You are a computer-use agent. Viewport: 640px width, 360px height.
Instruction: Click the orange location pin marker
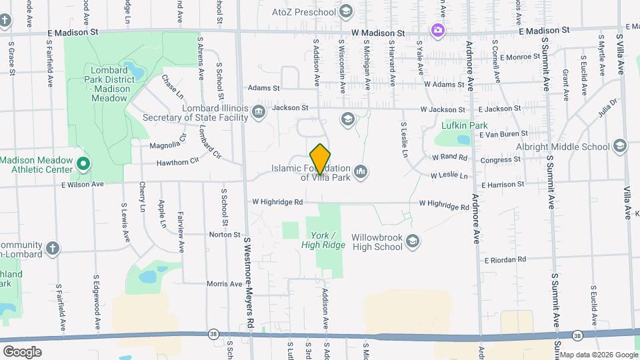point(321,159)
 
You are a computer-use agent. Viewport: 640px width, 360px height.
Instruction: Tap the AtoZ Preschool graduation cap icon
point(345,11)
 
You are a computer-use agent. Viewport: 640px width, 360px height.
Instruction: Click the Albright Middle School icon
point(619,146)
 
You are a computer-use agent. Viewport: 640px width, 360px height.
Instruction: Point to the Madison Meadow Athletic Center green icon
point(83,163)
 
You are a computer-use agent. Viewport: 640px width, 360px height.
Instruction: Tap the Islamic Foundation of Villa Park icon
point(361,173)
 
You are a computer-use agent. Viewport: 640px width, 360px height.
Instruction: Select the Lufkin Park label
point(465,125)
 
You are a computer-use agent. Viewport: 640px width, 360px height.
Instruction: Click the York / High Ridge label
point(328,240)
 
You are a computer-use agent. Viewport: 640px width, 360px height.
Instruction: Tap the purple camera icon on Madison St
point(437,30)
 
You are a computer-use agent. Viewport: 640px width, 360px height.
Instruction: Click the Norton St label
point(224,235)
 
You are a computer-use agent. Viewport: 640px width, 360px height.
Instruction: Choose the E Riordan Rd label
point(505,259)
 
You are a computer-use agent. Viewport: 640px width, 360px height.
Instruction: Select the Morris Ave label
point(224,284)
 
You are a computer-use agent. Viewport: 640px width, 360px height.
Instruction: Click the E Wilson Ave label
point(83,184)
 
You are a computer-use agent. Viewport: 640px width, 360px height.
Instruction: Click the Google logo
point(22,352)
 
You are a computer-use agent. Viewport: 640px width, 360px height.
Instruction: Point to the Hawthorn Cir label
point(178,162)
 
